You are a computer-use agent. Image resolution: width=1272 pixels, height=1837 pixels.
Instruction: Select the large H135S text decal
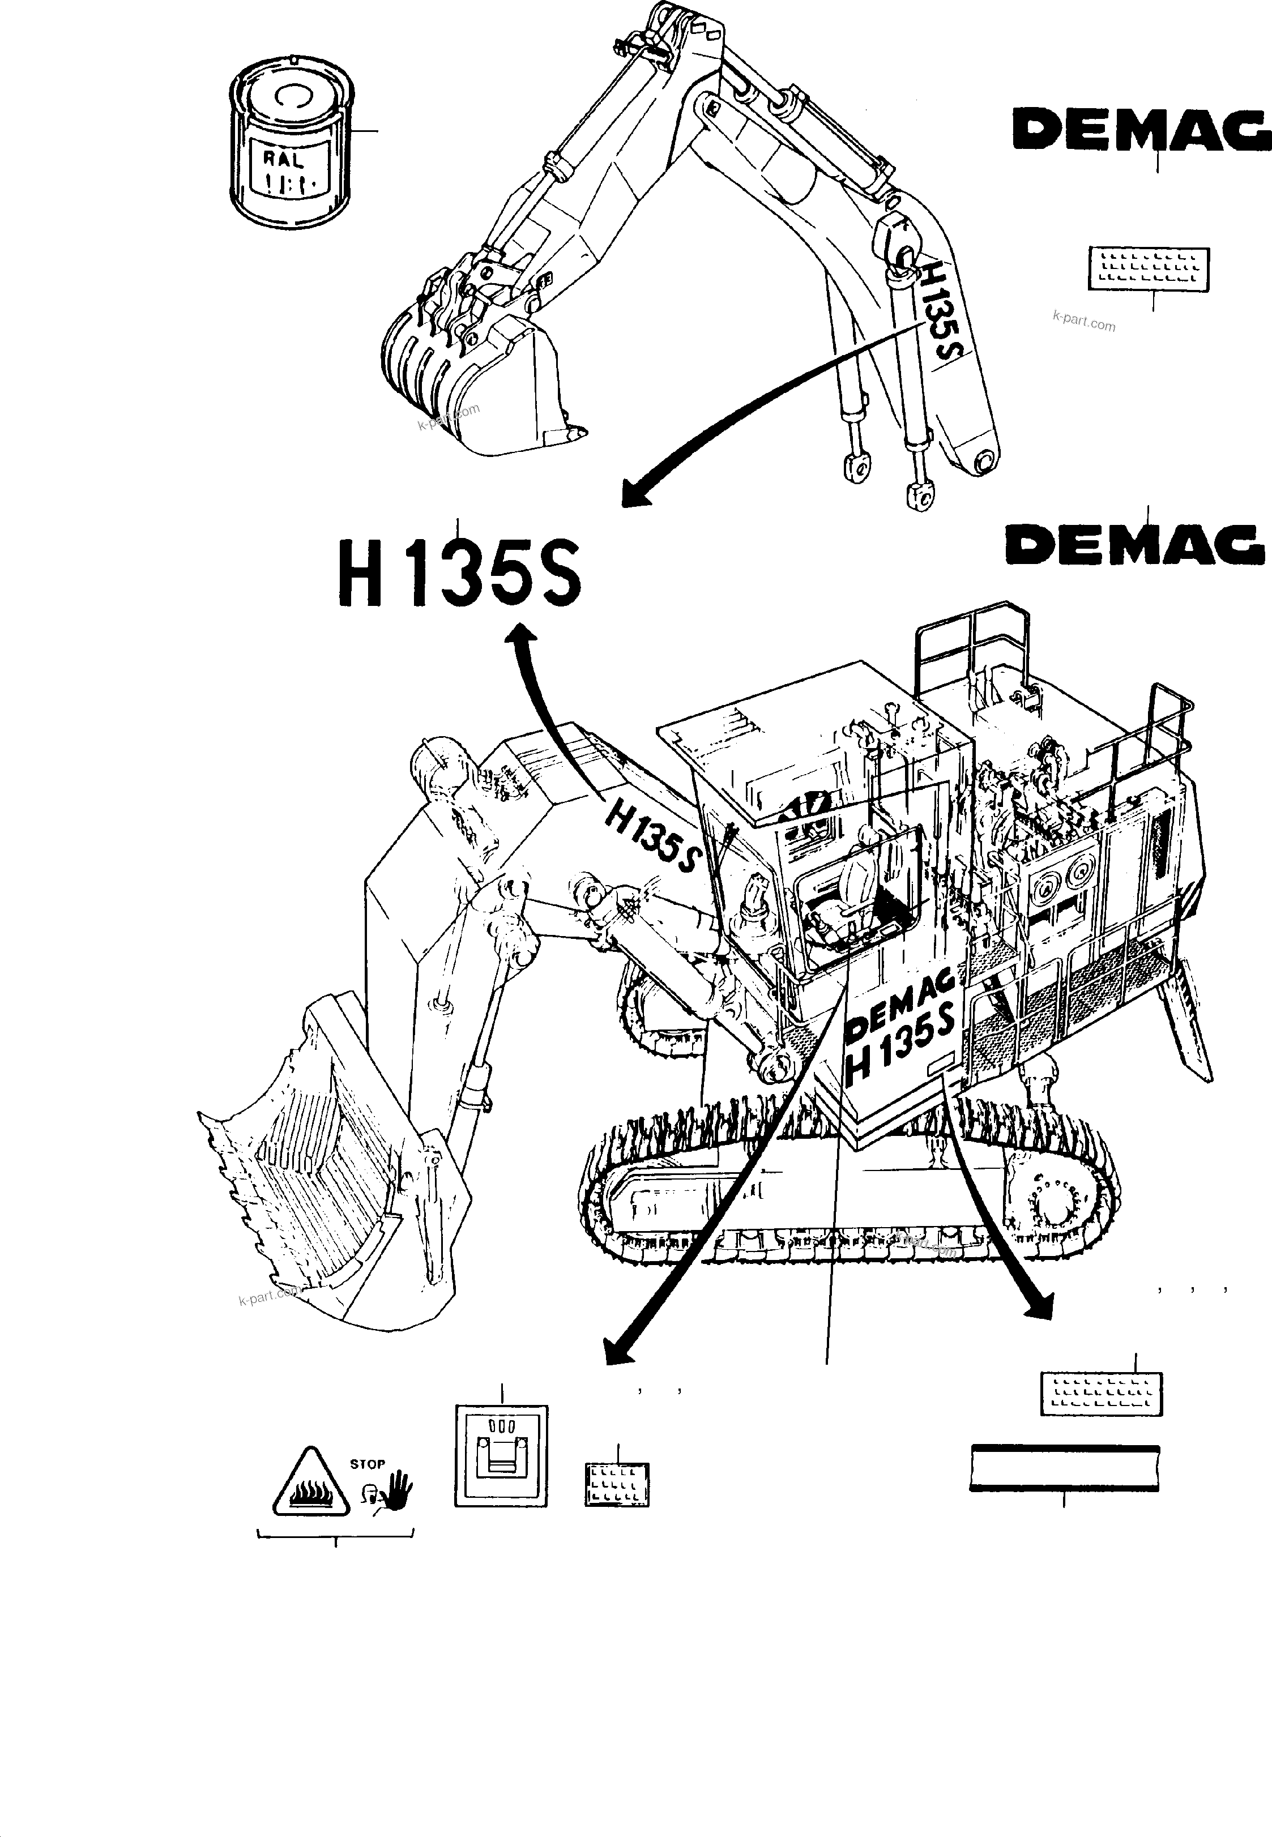tap(460, 573)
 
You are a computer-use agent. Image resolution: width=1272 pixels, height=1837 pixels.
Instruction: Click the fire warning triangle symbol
tap(311, 1485)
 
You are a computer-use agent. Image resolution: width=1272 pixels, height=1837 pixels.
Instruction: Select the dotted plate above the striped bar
tap(1102, 1394)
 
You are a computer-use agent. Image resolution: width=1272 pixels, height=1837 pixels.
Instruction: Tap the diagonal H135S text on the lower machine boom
tap(652, 837)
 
